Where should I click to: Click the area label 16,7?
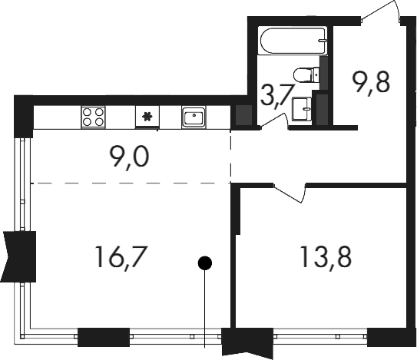pos(121,257)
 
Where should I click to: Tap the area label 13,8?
pos(326,257)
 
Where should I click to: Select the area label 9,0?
pos(130,157)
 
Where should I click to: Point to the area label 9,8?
pos(370,83)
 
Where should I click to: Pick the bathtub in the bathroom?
pos(293,41)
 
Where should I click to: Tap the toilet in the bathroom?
pos(306,74)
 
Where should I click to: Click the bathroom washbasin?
pos(302,109)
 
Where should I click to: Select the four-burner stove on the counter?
pos(93,117)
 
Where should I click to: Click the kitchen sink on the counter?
pos(194,117)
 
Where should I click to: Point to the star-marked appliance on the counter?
pos(147,117)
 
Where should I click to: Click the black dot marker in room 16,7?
pos(205,263)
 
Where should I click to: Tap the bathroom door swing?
pos(273,121)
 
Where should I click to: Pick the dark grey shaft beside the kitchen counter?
pos(244,115)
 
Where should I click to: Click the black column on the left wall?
pos(18,256)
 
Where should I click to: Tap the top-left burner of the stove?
pos(87,112)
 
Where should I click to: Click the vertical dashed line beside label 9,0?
pos(230,157)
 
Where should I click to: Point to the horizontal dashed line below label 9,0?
pos(131,183)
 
